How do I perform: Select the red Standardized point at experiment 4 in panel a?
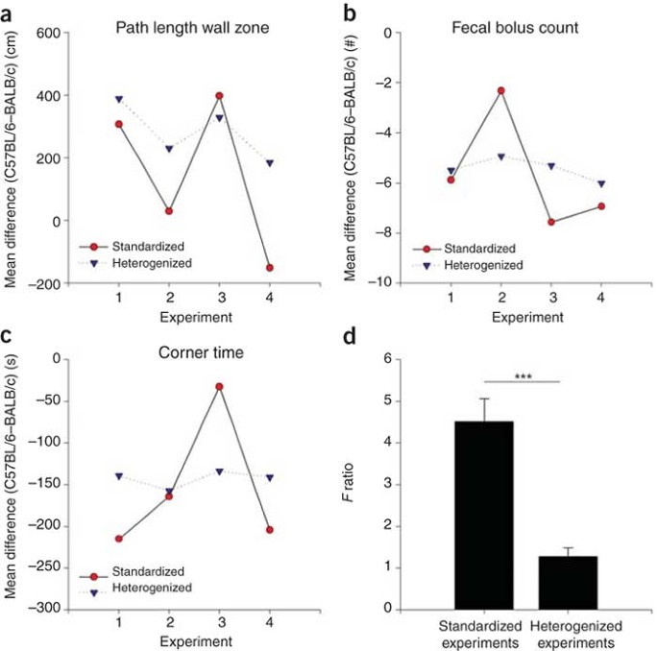pyautogui.click(x=270, y=268)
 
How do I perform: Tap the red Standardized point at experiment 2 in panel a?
pyautogui.click(x=167, y=211)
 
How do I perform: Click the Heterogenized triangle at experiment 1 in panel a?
pyautogui.click(x=119, y=99)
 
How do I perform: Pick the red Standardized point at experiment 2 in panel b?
pyautogui.click(x=500, y=90)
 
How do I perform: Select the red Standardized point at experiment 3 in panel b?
pyautogui.click(x=550, y=222)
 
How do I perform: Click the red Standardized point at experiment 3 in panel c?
pyautogui.click(x=220, y=386)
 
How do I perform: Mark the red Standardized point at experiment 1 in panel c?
pyautogui.click(x=119, y=539)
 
